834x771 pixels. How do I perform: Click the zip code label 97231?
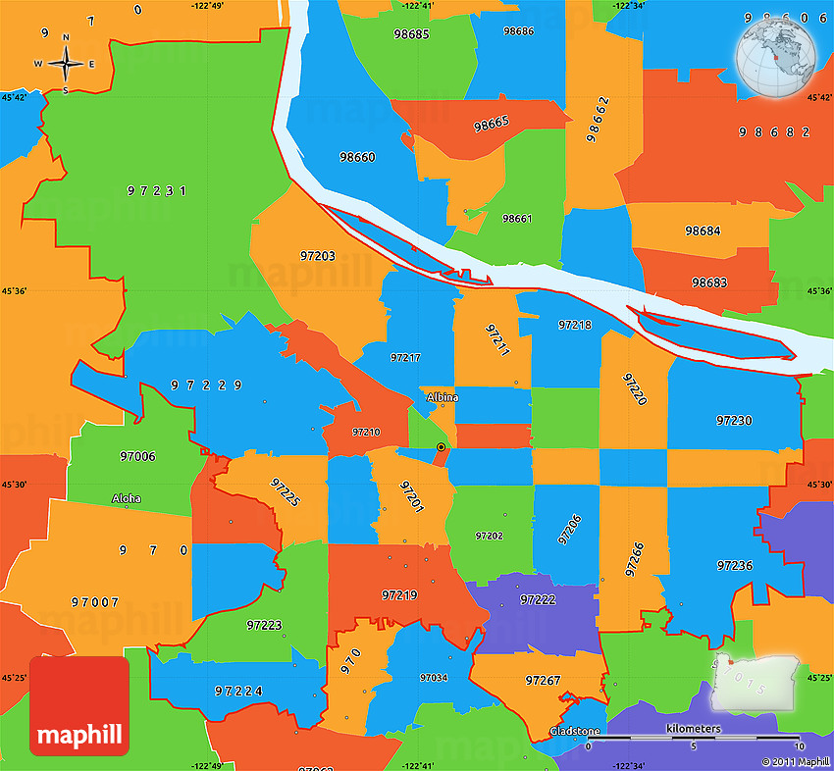pos(156,190)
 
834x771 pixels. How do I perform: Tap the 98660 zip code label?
pos(357,157)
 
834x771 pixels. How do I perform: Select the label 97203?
pos(317,256)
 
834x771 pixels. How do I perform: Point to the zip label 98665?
pos(491,124)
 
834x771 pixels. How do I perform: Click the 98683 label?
pos(708,283)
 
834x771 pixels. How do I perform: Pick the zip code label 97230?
pos(734,420)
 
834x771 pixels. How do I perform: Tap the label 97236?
pos(734,565)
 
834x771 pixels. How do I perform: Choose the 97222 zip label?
pos(538,598)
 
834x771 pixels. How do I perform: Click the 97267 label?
pos(543,680)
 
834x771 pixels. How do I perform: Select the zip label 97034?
pos(433,678)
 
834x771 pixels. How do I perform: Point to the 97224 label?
pos(238,691)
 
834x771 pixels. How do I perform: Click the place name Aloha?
pos(126,498)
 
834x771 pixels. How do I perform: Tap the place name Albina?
pos(443,397)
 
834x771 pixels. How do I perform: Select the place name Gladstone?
pos(575,732)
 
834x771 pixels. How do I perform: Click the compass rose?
pos(65,64)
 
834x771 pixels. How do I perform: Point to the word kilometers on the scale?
pos(693,729)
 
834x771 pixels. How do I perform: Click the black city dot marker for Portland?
pos(441,447)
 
